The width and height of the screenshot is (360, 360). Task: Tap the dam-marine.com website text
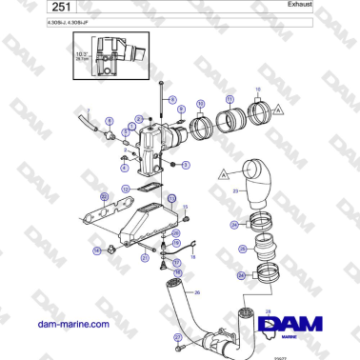(x=71, y=325)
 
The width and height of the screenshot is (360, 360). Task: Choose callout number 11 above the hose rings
(x=229, y=100)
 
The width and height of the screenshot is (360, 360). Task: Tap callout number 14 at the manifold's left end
(x=96, y=250)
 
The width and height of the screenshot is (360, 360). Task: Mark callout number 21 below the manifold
(x=143, y=258)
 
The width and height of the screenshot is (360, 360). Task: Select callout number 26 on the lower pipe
(x=197, y=292)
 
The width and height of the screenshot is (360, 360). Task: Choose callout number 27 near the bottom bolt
(x=177, y=337)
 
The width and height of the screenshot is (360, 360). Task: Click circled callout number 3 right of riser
(x=186, y=165)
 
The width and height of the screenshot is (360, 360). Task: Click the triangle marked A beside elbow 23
(x=222, y=174)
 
